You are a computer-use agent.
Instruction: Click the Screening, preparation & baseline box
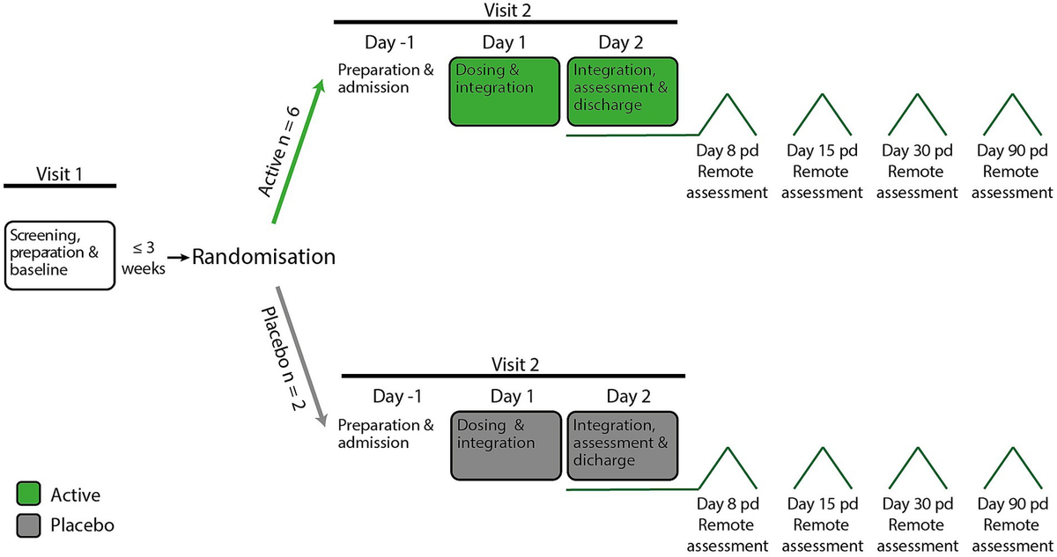[x=60, y=255]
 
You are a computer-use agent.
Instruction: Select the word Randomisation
[x=264, y=257]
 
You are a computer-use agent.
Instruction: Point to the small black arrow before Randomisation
[x=179, y=257]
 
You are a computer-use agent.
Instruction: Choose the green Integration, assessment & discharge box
[x=623, y=93]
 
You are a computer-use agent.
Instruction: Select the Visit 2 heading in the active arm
[x=505, y=9]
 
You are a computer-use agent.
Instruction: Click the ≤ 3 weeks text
[x=147, y=257]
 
